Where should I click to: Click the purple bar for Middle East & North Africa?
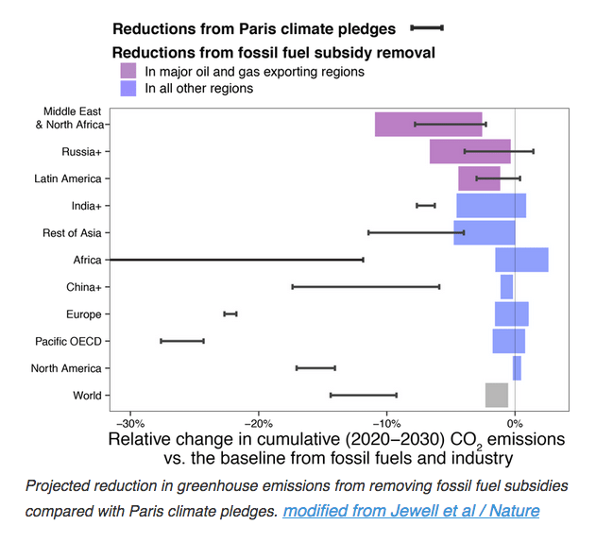pos(394,124)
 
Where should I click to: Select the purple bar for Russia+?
pos(469,151)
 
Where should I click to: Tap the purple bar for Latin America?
pos(479,178)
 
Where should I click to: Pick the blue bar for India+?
pos(491,205)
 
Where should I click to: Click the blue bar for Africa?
pos(521,260)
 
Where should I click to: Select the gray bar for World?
pos(497,395)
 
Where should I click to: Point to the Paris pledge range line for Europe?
pos(230,313)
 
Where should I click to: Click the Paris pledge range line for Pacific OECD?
pos(182,341)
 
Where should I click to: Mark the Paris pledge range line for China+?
pos(366,286)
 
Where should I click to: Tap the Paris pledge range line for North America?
pos(315,368)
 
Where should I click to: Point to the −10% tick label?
pos(386,422)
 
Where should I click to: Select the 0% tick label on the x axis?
pos(515,422)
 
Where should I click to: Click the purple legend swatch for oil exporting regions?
pos(128,71)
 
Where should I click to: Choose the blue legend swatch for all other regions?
pos(128,88)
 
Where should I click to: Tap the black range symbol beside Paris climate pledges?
pos(427,29)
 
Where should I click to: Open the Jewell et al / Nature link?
pos(411,511)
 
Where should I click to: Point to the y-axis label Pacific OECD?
pos(68,341)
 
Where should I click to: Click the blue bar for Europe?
pos(511,313)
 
